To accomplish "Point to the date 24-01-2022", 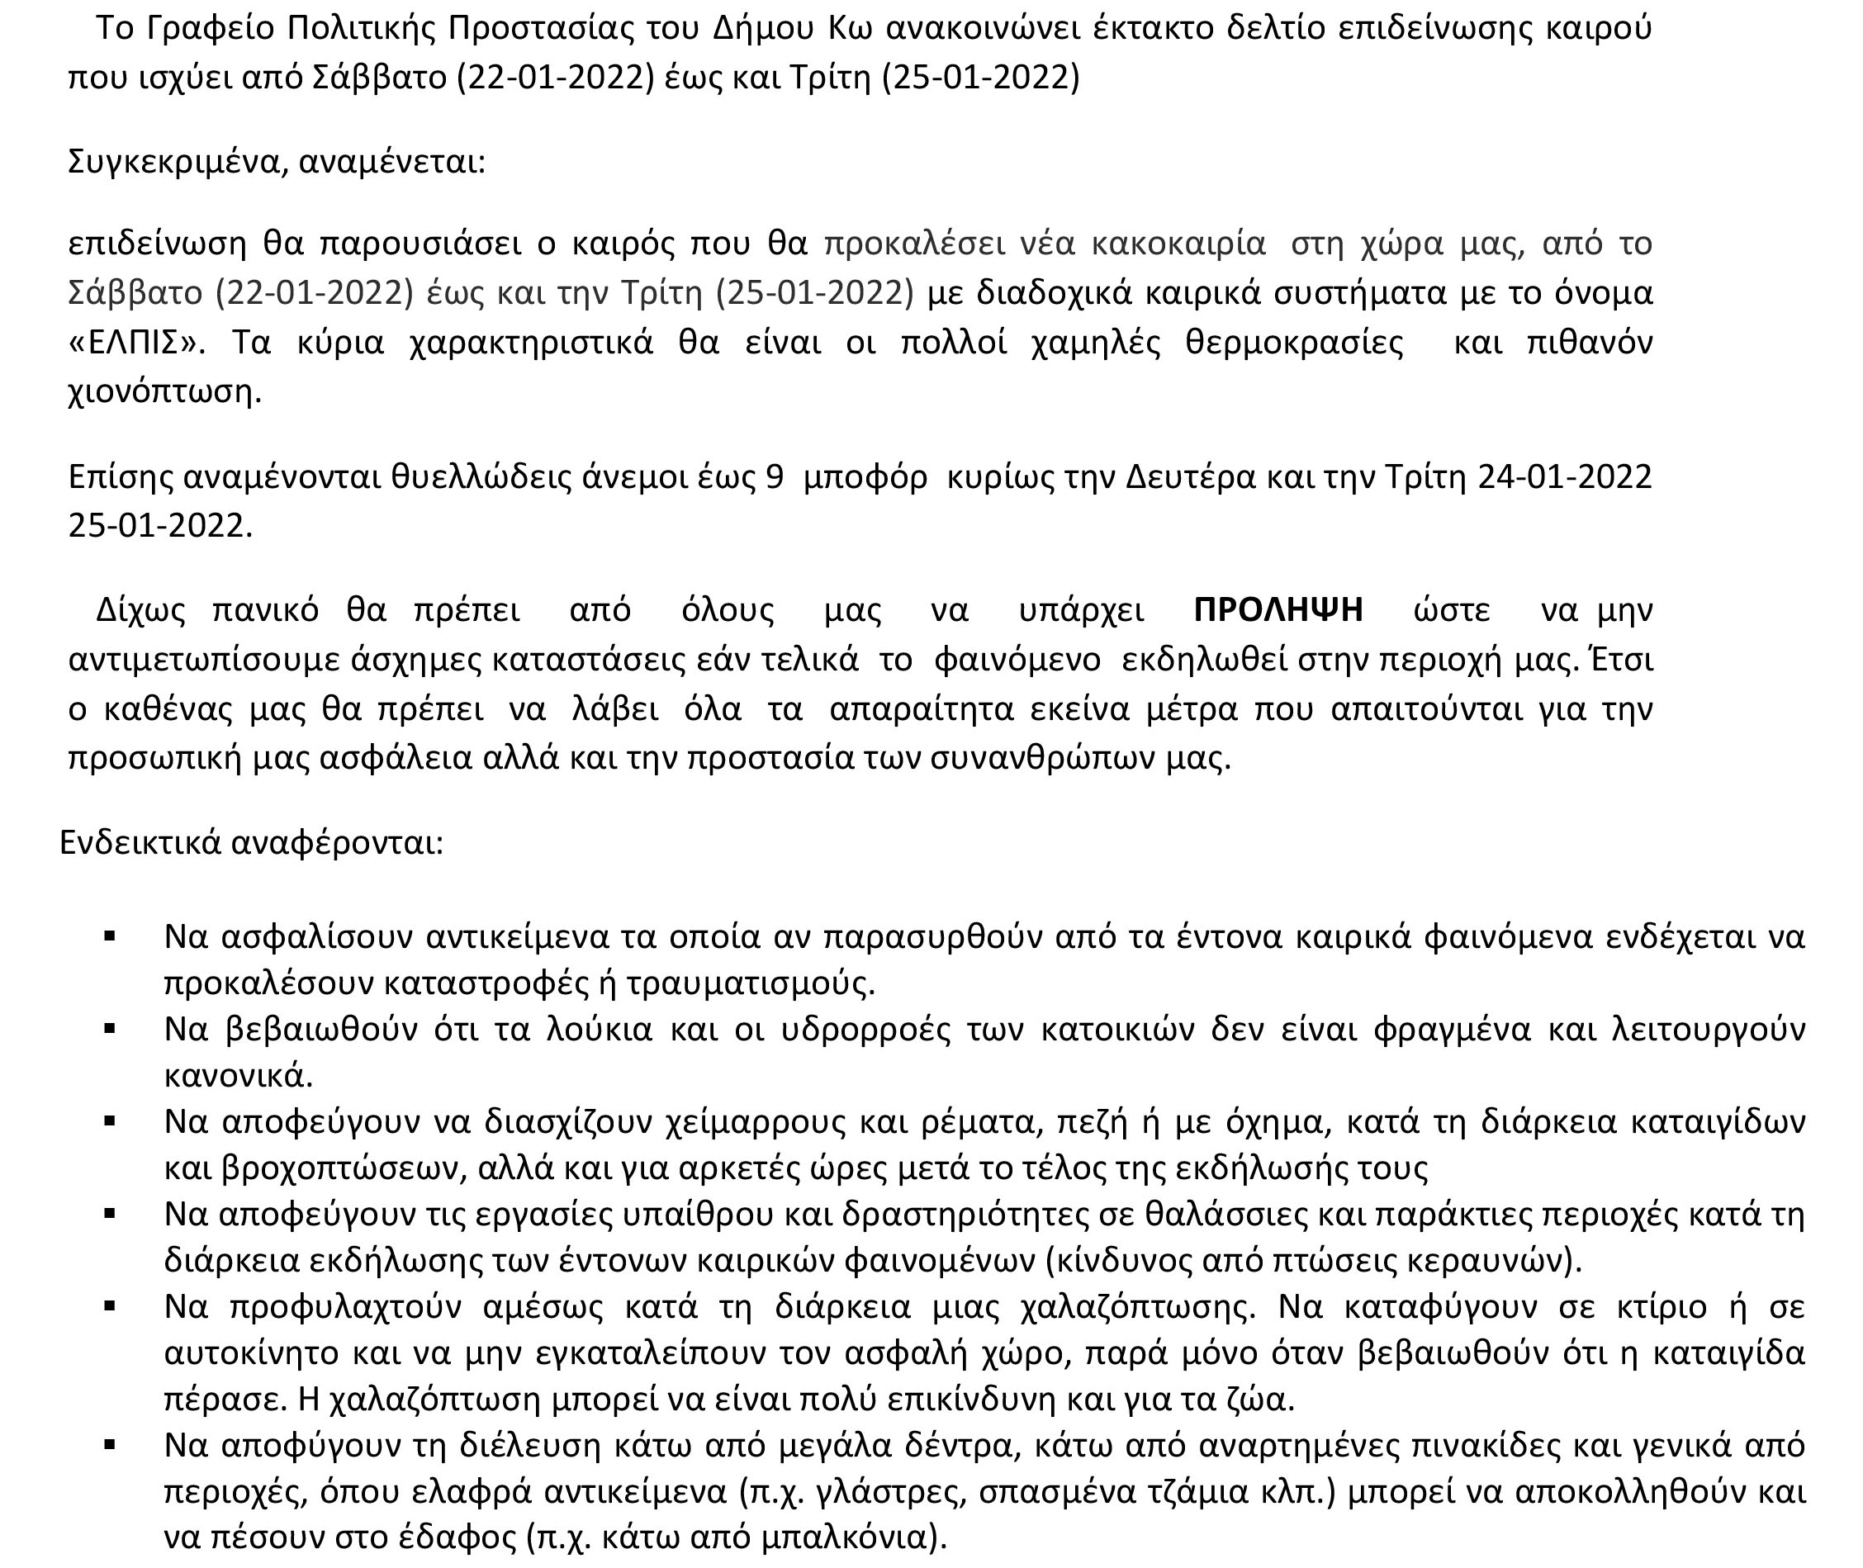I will tap(1564, 477).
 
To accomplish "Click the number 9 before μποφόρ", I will tap(774, 477).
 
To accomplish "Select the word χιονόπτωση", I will tap(164, 391).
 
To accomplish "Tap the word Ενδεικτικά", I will tap(140, 841).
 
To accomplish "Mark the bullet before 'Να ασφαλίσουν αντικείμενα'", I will tap(110, 936).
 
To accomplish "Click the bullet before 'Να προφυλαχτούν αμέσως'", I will tap(110, 1306).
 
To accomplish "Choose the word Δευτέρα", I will tap(1190, 477).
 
